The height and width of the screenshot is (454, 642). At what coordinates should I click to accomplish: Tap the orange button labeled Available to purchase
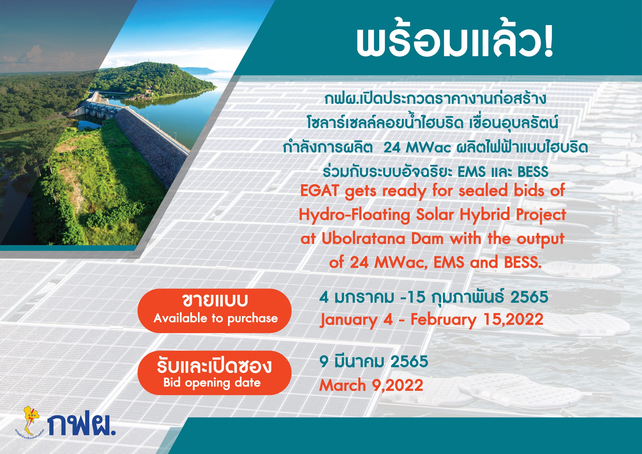[x=214, y=311]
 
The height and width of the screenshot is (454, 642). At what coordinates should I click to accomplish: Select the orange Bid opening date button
[x=214, y=373]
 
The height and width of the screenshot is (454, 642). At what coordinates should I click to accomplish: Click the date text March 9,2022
[x=371, y=386]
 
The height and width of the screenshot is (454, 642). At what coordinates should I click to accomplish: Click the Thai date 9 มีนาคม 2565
[x=374, y=361]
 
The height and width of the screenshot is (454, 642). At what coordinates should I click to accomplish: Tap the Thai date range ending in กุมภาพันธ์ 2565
[x=434, y=297]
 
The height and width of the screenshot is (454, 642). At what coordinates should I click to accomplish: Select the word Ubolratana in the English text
[x=355, y=240]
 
